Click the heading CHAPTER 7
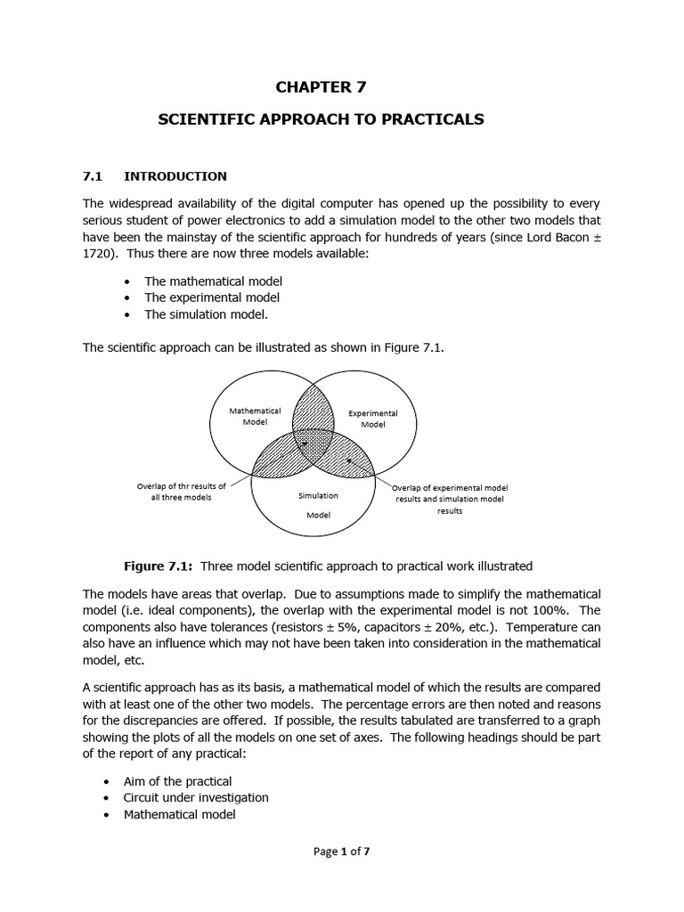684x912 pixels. [321, 87]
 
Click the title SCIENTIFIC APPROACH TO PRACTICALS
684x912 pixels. [321, 119]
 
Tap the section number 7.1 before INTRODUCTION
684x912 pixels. [94, 176]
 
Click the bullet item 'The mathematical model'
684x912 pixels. [213, 281]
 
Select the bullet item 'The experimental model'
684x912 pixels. [212, 297]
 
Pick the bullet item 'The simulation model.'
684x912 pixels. [206, 314]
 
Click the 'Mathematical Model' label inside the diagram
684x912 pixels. [255, 416]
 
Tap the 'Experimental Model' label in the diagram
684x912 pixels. [372, 419]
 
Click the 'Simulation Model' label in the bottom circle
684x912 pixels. [318, 504]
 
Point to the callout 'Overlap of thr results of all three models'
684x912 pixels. [181, 492]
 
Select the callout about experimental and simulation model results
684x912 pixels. [450, 500]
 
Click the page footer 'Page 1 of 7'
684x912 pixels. [342, 851]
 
